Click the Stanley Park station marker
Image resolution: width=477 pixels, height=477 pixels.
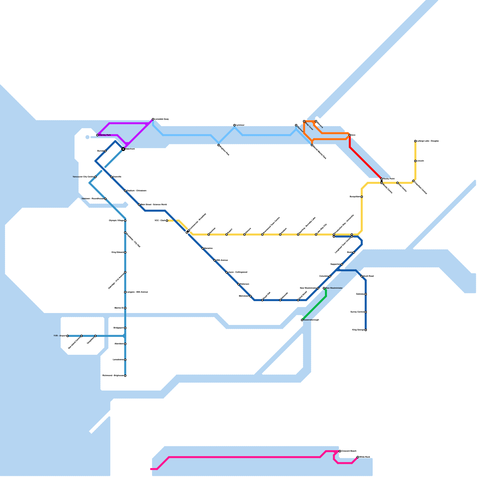[97, 135]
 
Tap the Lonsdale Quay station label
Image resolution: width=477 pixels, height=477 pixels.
[162, 119]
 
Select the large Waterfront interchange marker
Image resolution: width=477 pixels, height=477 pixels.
[123, 149]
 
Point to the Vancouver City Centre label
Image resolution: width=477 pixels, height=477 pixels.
[83, 177]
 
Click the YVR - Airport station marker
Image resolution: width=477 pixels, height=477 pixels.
[68, 336]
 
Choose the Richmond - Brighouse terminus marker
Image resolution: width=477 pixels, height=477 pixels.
[125, 375]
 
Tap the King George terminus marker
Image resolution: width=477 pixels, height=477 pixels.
[366, 330]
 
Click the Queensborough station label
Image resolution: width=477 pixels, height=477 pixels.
[311, 320]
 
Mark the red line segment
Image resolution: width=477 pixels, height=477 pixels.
[365, 162]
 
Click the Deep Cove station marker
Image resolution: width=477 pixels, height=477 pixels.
[304, 121]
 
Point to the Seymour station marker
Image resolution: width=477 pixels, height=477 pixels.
[296, 125]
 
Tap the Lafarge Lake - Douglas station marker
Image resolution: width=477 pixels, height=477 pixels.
[415, 141]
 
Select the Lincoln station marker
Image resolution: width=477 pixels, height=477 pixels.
[415, 161]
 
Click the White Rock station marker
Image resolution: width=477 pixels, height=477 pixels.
[358, 457]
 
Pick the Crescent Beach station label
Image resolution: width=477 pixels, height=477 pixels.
[349, 451]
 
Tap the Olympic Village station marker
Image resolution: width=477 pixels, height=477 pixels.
[125, 221]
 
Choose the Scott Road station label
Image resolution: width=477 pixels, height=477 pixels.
[368, 276]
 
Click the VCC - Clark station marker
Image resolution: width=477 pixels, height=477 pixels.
[167, 221]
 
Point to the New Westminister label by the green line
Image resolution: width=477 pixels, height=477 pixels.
[334, 288]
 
